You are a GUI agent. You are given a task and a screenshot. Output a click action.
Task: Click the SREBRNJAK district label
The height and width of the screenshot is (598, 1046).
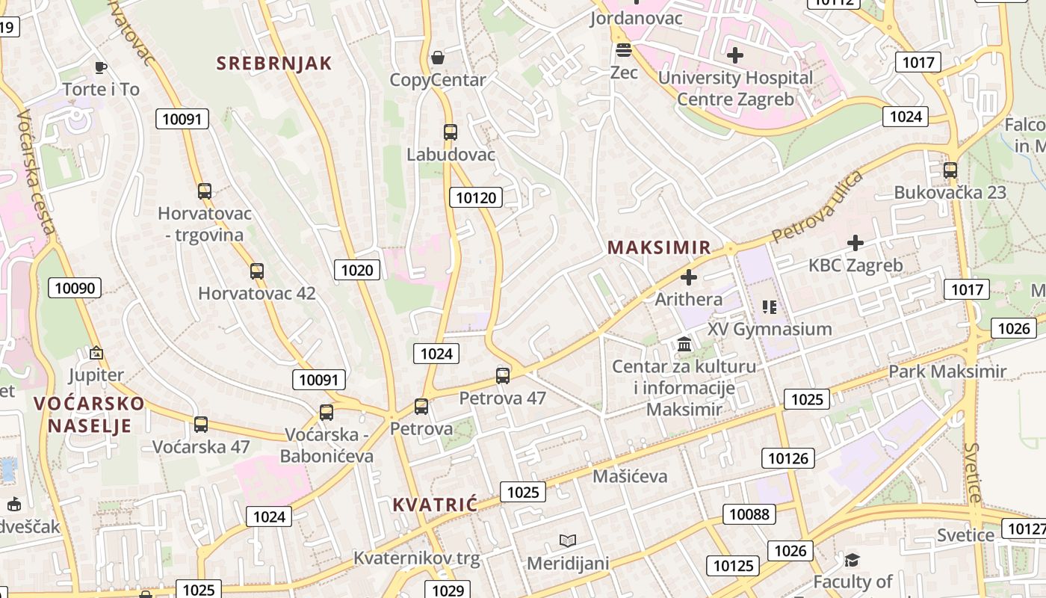273,64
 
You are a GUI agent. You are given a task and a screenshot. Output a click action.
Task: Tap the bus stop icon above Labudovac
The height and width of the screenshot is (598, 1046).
450,132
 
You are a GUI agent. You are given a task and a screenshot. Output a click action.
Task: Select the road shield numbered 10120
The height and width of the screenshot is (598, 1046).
475,197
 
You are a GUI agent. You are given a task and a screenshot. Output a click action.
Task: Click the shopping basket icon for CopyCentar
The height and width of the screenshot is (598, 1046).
438,58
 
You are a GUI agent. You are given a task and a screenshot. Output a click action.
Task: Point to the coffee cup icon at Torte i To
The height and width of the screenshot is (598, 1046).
100,68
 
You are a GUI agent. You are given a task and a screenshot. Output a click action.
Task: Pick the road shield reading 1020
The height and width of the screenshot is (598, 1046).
356,270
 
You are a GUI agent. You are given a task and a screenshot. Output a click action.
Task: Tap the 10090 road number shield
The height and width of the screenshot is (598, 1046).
75,288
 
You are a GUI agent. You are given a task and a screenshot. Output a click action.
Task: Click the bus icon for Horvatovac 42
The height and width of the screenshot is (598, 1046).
257,271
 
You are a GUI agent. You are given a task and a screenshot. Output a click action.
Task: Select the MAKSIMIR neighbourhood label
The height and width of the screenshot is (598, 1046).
658,247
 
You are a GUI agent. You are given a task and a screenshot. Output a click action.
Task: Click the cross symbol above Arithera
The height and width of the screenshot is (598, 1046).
689,278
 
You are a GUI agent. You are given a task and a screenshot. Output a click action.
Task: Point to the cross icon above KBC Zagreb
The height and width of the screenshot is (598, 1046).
855,243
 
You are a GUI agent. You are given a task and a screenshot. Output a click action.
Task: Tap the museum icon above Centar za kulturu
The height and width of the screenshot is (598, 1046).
684,345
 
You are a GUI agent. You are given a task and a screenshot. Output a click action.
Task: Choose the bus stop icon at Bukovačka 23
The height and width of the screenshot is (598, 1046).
950,170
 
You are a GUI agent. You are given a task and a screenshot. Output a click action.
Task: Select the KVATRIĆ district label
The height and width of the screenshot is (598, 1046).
435,505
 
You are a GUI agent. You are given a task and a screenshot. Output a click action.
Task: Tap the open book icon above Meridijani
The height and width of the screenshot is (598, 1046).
568,540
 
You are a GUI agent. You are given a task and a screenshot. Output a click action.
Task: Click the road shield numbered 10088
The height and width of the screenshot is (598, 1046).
749,514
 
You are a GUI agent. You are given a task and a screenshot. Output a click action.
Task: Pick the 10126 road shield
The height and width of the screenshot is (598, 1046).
787,458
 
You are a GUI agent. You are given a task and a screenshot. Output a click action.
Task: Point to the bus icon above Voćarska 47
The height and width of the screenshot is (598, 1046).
200,425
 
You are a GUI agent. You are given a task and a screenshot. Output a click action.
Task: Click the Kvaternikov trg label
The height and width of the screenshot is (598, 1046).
416,558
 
